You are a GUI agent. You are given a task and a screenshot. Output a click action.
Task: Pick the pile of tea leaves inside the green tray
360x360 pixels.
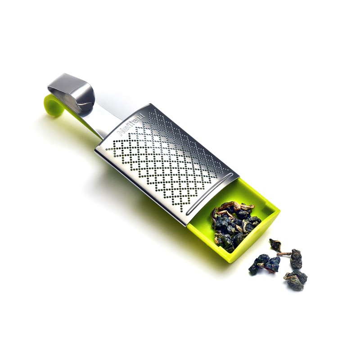click(234, 223)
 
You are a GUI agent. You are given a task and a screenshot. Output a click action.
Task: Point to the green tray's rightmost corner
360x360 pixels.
click(279, 209)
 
